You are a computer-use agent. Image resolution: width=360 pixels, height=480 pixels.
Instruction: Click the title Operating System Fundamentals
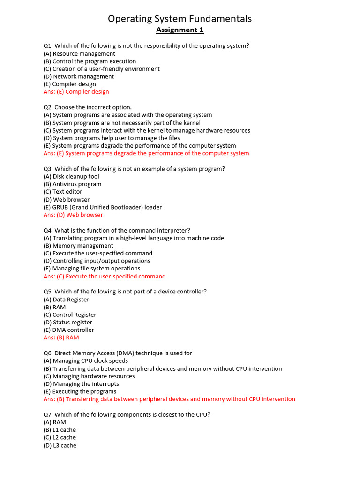(x=180, y=19)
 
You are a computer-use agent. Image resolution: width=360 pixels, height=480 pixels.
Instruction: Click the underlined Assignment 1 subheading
(x=180, y=30)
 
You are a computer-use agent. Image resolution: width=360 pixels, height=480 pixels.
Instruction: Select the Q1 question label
(x=49, y=46)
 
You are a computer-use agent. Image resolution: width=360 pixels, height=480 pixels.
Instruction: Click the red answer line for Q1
(x=76, y=92)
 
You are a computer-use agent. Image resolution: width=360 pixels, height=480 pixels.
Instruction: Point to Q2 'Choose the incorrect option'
(x=88, y=107)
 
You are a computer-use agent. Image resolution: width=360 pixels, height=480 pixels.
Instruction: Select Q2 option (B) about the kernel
(x=122, y=123)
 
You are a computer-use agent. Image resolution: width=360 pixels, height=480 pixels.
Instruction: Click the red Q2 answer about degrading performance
(x=146, y=153)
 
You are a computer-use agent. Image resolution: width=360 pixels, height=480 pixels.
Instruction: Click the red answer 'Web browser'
(x=73, y=215)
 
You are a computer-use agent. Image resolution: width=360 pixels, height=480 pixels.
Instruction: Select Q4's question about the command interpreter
(x=117, y=230)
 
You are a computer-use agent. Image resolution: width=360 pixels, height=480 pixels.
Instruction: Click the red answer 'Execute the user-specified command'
(x=105, y=276)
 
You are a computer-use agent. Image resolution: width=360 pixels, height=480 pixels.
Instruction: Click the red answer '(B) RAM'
(x=61, y=337)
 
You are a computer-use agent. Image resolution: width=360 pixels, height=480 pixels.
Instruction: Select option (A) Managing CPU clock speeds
(x=86, y=361)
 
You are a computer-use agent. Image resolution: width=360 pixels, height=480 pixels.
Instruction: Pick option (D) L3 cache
(x=60, y=445)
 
